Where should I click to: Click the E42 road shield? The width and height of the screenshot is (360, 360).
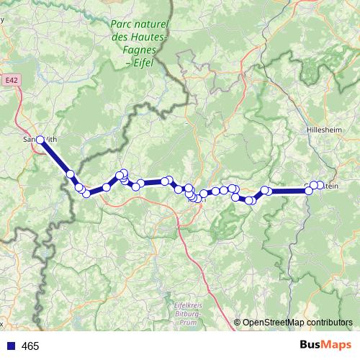coord(9,82)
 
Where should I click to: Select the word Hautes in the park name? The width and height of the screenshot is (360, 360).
coord(153,37)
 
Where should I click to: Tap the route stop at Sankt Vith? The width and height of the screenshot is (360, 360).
coord(40,138)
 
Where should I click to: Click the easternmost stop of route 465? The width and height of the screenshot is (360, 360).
coord(320,186)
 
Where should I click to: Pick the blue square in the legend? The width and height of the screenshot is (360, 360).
coord(11,346)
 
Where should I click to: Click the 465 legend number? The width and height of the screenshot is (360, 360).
coord(30,346)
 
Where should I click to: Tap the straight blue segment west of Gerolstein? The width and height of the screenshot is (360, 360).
coord(288,191)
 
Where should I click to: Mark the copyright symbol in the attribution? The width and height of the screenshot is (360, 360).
coord(238,323)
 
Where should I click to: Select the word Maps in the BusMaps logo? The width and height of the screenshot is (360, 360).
coord(334,346)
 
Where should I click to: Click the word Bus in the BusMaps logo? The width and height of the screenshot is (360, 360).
coord(310,346)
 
